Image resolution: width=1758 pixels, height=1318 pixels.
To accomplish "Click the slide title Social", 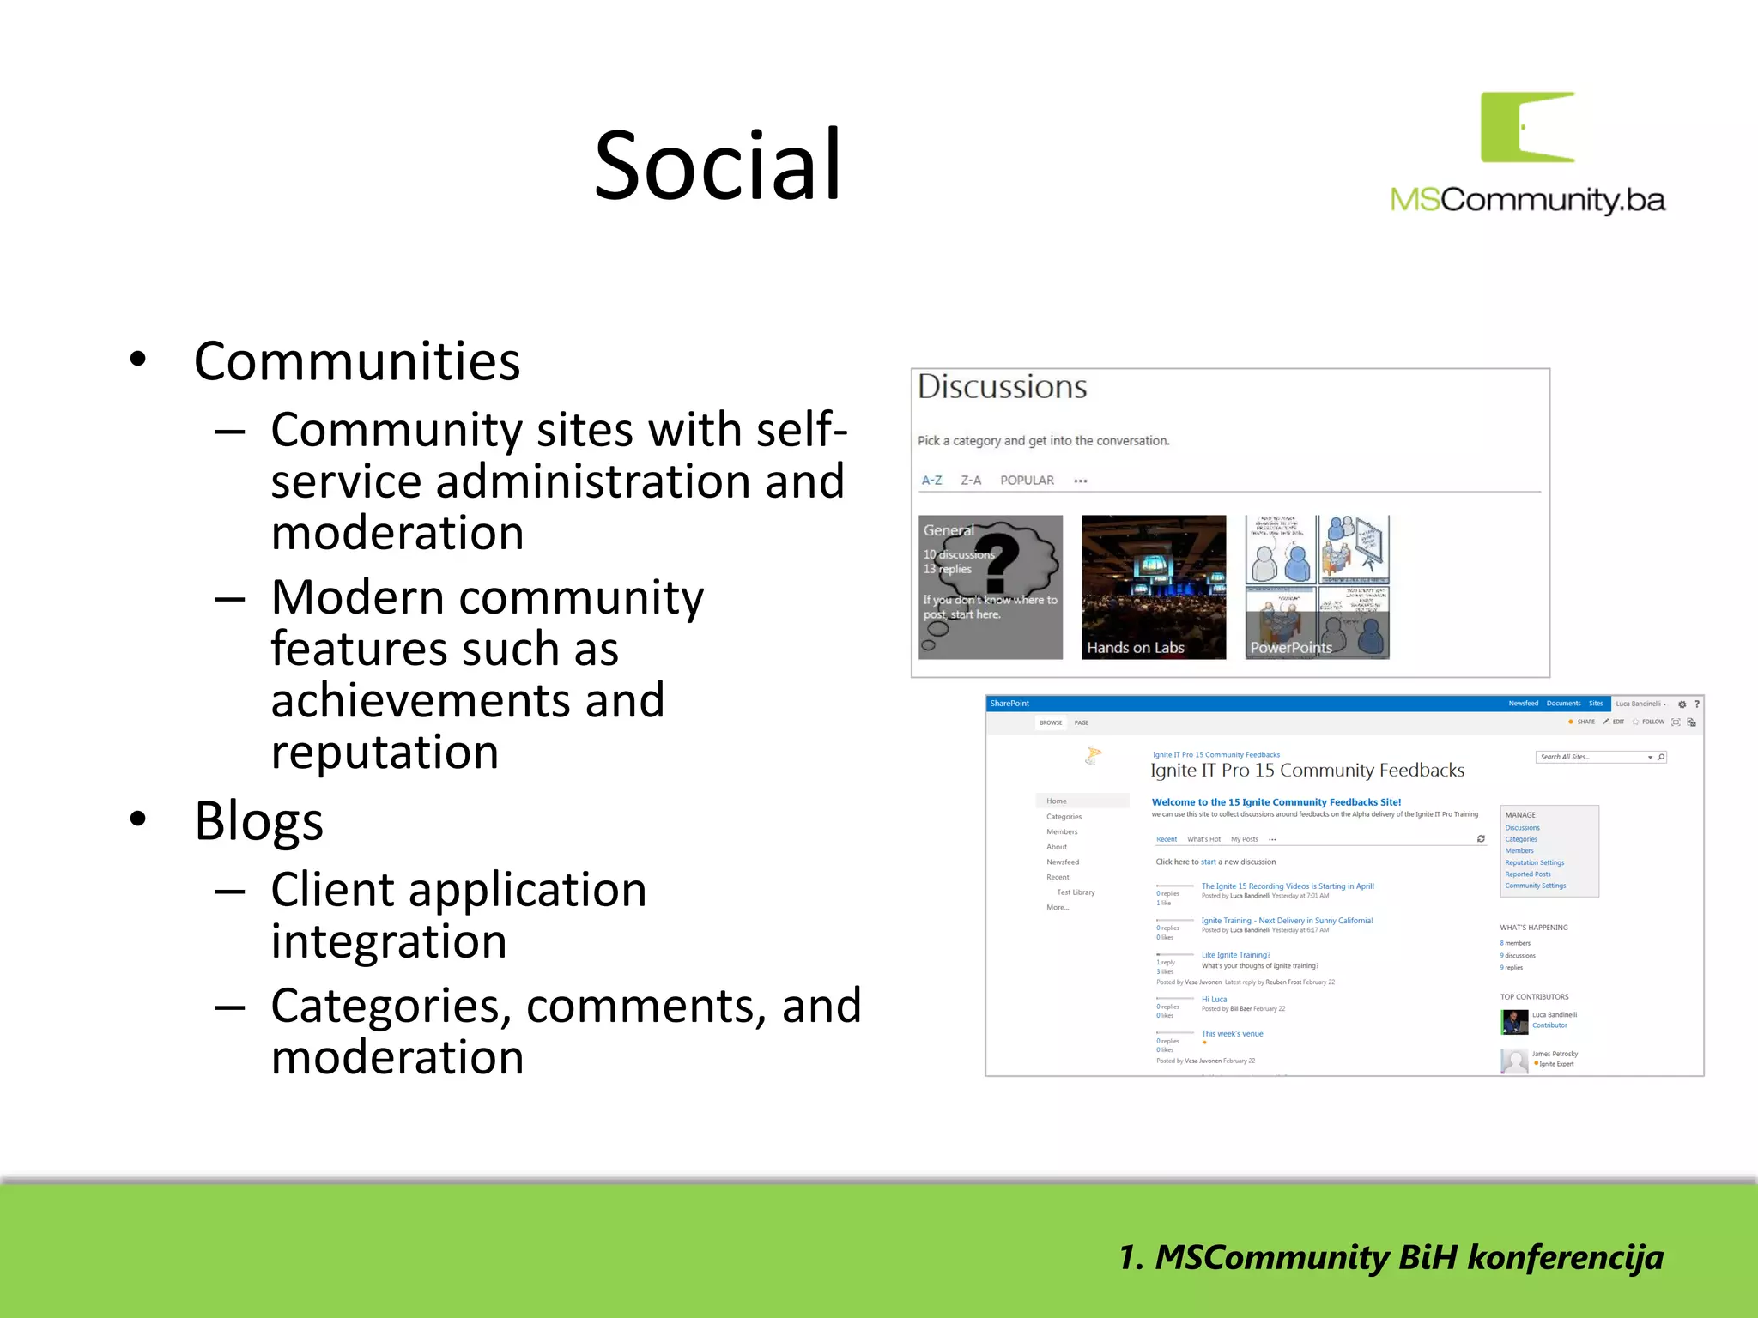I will pos(718,165).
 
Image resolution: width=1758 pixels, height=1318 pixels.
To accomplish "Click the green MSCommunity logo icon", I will pos(1528,127).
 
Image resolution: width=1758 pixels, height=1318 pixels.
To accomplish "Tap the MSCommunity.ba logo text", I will pos(1528,200).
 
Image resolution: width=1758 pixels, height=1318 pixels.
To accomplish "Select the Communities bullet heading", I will pos(357,361).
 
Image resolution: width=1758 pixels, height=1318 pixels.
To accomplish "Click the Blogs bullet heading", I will pos(258,821).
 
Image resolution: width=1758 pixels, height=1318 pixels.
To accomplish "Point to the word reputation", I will pos(385,752).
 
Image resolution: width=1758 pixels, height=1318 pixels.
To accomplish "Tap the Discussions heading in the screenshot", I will pos(1002,387).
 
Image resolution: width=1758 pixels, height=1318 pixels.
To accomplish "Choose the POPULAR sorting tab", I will pos(1027,481).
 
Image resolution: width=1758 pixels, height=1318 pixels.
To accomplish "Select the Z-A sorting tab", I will pos(971,481).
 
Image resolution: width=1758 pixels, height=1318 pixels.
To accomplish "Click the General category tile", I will pos(990,587).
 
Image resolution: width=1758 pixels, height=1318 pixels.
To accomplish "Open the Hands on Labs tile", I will pos(1154,587).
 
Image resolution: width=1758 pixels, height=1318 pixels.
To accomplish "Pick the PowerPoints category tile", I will pos(1317,587).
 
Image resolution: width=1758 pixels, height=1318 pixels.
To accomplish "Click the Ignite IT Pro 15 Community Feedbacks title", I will pos(1306,771).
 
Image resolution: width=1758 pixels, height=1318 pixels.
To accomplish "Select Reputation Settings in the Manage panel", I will pos(1534,862).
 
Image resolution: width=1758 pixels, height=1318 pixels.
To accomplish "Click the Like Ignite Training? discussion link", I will pos(1235,955).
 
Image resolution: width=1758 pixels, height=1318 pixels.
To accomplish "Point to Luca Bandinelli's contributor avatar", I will pos(1513,1021).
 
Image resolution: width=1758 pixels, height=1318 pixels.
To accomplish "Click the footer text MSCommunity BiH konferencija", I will pos(1391,1258).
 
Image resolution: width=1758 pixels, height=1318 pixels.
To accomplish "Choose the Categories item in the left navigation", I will pos(1064,817).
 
